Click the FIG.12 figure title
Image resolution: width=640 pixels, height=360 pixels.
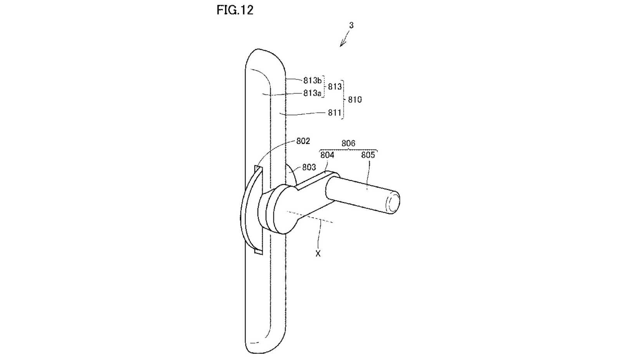[x=235, y=10]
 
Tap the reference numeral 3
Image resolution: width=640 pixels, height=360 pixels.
[x=351, y=26]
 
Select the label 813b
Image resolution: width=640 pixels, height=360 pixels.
[x=312, y=81]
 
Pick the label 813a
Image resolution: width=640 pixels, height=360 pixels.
[x=312, y=93]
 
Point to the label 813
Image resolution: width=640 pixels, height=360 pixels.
[x=334, y=87]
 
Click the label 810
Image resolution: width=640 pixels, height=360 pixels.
[x=355, y=100]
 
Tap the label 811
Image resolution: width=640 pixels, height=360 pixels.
[x=334, y=113]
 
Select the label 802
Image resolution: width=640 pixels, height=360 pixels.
[x=303, y=141]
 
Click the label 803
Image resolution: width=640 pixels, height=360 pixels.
[x=309, y=167]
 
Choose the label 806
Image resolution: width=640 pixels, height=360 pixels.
[x=348, y=144]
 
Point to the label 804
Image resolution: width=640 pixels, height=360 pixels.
[x=327, y=155]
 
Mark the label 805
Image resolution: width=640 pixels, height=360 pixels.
[x=368, y=155]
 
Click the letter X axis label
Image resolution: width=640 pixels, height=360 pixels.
[x=318, y=254]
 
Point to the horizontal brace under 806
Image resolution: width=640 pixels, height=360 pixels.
[x=348, y=150]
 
